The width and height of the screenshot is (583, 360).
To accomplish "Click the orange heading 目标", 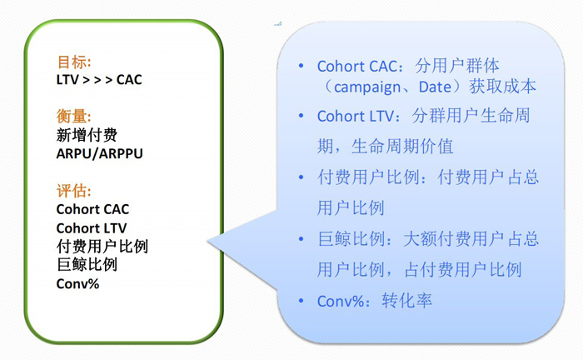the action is pos(74,62).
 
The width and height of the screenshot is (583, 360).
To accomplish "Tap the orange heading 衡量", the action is pos(73,116).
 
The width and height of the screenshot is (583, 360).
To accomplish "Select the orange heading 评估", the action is pos(73,190).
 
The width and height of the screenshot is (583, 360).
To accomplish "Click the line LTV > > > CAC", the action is pos(99,80).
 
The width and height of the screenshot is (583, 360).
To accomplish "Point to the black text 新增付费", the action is pos(87,135).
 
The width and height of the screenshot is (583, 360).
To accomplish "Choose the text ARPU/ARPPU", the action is pos(99,153).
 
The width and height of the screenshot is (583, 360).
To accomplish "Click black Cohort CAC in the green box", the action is pos(92,209).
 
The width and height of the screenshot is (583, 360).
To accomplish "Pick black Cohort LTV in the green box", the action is pos(92,228).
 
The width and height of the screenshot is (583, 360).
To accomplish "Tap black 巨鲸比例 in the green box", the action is pos(87,264).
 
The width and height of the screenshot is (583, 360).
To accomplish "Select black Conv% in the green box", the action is pos(77,284).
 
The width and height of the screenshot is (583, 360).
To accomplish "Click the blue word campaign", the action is pos(367,87).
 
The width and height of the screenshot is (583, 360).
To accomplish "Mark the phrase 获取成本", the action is pos(502,87).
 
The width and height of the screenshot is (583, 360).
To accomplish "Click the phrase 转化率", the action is pos(407,301).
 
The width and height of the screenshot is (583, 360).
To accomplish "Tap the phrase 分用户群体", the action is pos(457,66).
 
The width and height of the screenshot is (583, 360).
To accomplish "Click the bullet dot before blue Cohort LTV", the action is pos(301,116).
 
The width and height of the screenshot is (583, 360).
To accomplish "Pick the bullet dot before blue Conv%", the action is pos(301,300).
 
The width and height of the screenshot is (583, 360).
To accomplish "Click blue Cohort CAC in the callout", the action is pos(357,66).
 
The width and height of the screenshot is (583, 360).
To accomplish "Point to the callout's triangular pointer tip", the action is pos(207,242).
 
